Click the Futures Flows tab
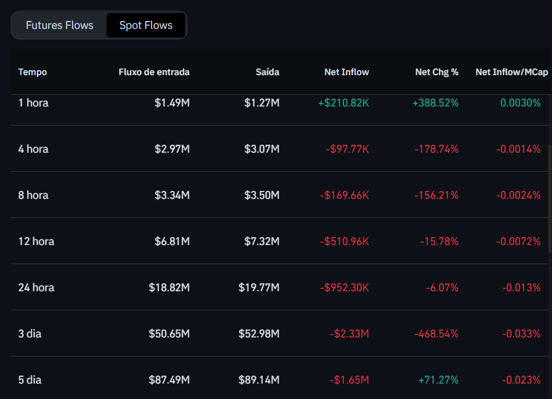pyautogui.click(x=60, y=25)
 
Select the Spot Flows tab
pyautogui.click(x=146, y=25)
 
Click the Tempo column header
pyautogui.click(x=33, y=72)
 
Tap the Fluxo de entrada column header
pyautogui.click(x=154, y=72)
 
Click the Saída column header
pyautogui.click(x=267, y=72)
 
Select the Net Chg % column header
pyautogui.click(x=436, y=72)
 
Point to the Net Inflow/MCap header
pyautogui.click(x=511, y=72)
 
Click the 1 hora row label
pyautogui.click(x=33, y=103)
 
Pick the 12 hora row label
pyautogui.click(x=36, y=241)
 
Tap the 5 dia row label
pyautogui.click(x=30, y=380)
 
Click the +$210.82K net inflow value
pyautogui.click(x=343, y=103)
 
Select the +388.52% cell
pyautogui.click(x=435, y=103)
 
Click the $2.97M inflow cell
pyautogui.click(x=172, y=149)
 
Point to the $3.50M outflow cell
pyautogui.click(x=262, y=195)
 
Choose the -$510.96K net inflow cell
pyautogui.click(x=344, y=241)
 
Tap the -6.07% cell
pyautogui.click(x=442, y=288)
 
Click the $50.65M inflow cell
pyautogui.click(x=169, y=334)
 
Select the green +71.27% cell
pyautogui.click(x=438, y=380)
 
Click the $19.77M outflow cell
pyautogui.click(x=258, y=288)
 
